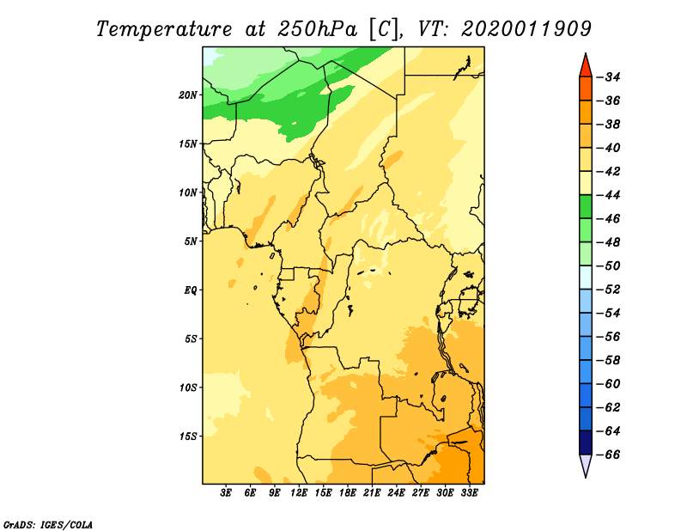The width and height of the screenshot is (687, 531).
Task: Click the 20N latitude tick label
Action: pyautogui.click(x=188, y=95)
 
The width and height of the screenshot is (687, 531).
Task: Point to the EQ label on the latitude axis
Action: pyautogui.click(x=190, y=290)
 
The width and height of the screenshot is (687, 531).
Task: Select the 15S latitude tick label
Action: pyautogui.click(x=188, y=436)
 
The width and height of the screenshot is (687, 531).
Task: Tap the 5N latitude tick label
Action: pyautogui.click(x=191, y=241)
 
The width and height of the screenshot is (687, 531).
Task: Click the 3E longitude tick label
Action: pyautogui.click(x=226, y=493)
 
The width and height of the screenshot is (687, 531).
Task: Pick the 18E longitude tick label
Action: pyautogui.click(x=347, y=493)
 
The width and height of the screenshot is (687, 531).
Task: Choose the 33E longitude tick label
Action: pyautogui.click(x=469, y=493)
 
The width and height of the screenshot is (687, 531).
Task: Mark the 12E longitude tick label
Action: pyautogui.click(x=298, y=493)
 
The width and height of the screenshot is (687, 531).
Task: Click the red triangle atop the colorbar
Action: pyautogui.click(x=586, y=67)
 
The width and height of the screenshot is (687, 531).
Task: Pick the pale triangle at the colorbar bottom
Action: pyautogui.click(x=586, y=464)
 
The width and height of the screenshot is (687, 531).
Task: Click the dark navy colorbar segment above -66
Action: pyautogui.click(x=586, y=442)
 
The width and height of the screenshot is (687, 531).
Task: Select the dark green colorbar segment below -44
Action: pyautogui.click(x=586, y=207)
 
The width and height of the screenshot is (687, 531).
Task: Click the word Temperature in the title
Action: pyautogui.click(x=164, y=29)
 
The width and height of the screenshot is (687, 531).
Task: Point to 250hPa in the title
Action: pyautogui.click(x=317, y=29)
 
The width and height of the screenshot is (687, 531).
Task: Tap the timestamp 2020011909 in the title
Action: pyautogui.click(x=526, y=29)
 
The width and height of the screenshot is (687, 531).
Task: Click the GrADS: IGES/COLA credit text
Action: pyautogui.click(x=48, y=525)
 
